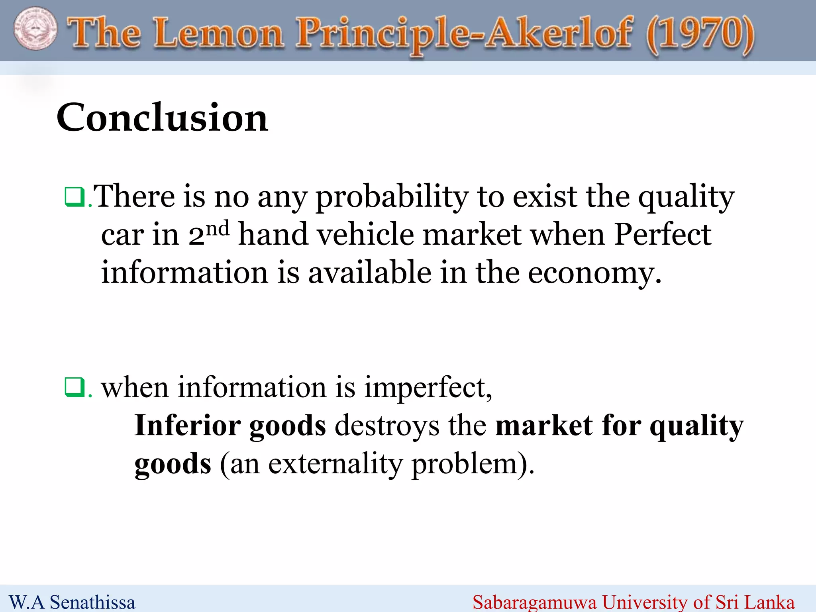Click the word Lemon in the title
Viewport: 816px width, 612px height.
[219, 33]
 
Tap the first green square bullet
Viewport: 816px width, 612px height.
[74, 197]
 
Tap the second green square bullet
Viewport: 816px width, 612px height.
[74, 387]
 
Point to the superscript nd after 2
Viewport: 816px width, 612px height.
[218, 229]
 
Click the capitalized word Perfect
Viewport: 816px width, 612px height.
[662, 235]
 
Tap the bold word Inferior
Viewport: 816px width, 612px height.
[187, 426]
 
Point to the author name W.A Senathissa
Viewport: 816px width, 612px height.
[72, 602]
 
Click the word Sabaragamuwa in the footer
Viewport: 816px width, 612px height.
[534, 602]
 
